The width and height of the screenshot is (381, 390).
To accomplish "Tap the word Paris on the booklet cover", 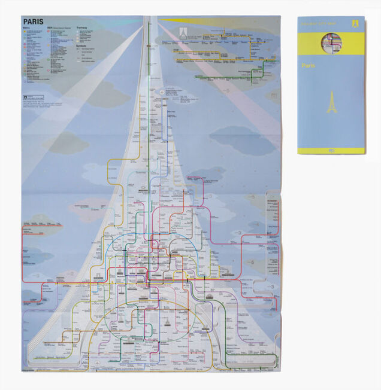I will coord(309,65).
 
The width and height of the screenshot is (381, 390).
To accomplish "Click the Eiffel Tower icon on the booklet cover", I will coord(331,102).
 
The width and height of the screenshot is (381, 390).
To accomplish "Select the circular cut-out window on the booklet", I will coord(331,42).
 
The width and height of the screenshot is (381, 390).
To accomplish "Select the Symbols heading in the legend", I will coord(83,45).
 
